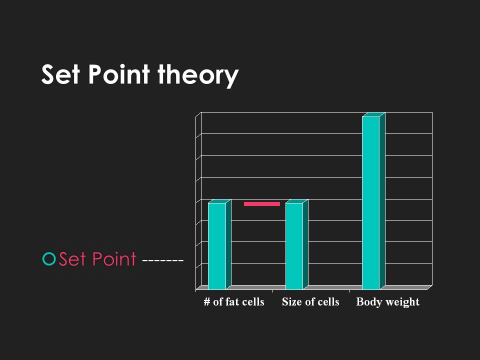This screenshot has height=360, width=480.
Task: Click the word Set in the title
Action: (60, 74)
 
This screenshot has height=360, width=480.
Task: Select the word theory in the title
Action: (198, 75)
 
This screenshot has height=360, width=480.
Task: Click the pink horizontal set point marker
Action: (261, 204)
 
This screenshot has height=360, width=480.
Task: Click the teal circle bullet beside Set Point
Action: (49, 258)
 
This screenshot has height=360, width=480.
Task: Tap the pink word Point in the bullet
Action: (114, 259)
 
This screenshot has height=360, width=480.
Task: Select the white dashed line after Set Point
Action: (163, 261)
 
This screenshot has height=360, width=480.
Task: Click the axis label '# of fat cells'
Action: (234, 302)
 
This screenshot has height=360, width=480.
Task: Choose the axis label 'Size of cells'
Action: (310, 302)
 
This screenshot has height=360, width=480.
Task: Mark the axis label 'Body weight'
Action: (388, 302)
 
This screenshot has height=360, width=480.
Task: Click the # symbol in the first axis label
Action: (207, 302)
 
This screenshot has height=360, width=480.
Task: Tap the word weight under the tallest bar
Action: (402, 302)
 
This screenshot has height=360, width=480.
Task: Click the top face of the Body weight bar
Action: (373, 114)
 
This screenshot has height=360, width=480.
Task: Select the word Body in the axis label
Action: (369, 302)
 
